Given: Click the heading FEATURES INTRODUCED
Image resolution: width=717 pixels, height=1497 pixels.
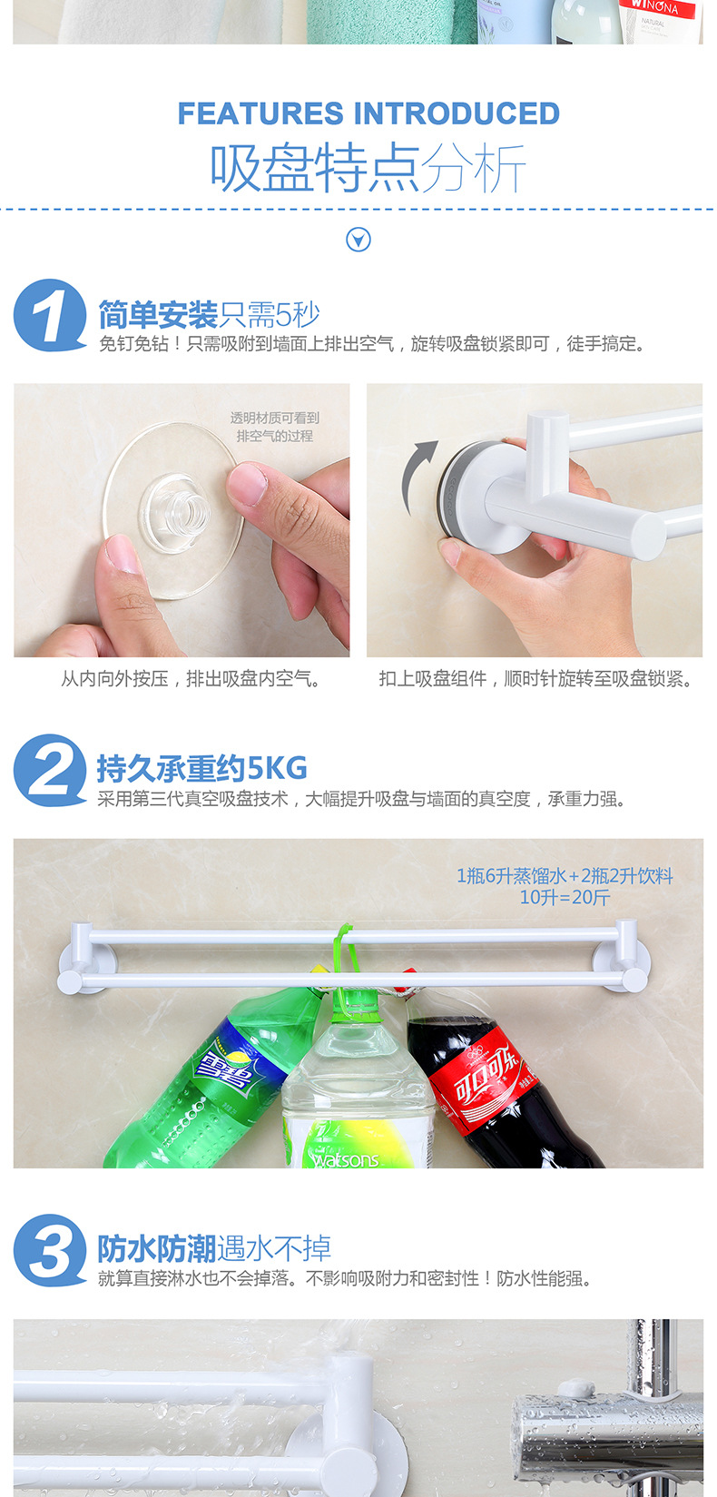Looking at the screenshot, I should click(368, 113).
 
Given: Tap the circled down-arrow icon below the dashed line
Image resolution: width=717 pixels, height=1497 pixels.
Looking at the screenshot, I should click(358, 240).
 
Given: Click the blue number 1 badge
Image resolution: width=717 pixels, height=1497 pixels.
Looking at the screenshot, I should click(49, 316).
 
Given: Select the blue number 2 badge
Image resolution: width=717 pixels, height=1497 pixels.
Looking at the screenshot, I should click(49, 771).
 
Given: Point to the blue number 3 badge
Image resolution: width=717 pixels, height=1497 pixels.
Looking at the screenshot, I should click(50, 1251).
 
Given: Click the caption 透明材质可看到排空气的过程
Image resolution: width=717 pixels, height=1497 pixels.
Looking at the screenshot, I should click(274, 427).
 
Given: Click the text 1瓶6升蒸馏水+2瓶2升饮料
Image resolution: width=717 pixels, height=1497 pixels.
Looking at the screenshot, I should click(565, 876).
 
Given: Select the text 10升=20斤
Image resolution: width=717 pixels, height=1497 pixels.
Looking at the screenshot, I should click(565, 898).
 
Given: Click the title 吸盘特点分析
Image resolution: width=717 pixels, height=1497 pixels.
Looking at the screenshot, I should click(368, 168).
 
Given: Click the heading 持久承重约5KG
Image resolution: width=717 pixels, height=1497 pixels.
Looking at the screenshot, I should click(201, 769).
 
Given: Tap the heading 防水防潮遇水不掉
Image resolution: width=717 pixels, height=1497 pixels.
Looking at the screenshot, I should click(214, 1249).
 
